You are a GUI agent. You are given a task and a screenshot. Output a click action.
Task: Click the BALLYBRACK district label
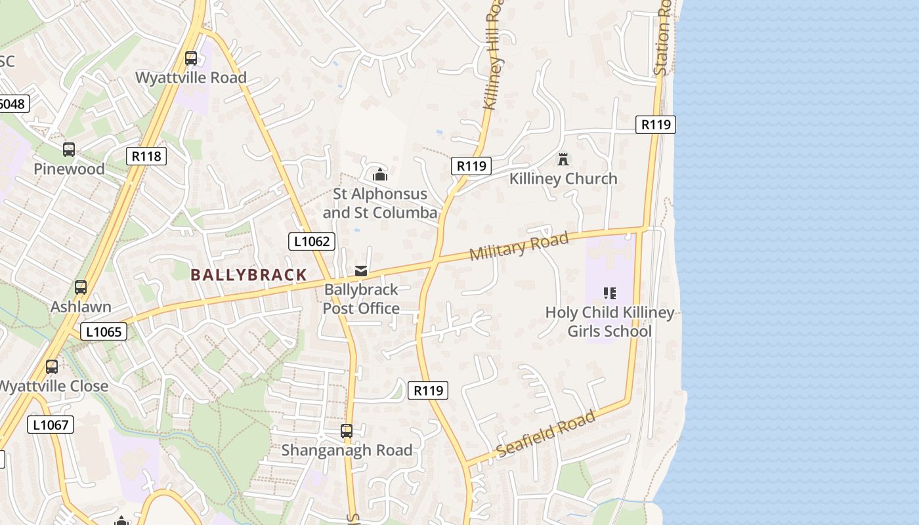pyautogui.click(x=249, y=275)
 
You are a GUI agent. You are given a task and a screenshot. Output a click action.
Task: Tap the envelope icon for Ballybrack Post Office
pyautogui.click(x=360, y=270)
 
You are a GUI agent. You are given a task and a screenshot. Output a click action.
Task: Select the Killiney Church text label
pyautogui.click(x=563, y=178)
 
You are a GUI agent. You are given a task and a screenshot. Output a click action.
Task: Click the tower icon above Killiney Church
pyautogui.click(x=563, y=159)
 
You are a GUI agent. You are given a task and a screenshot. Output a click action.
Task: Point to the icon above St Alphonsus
pyautogui.click(x=379, y=175)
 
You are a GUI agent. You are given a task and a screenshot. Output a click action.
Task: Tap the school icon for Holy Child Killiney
pyautogui.click(x=609, y=293)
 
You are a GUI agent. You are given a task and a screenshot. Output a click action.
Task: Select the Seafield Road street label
pyautogui.click(x=546, y=434)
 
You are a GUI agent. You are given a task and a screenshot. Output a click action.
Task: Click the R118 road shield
pyautogui.click(x=146, y=156)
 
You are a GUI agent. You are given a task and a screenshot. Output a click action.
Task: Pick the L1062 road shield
pyautogui.click(x=312, y=241)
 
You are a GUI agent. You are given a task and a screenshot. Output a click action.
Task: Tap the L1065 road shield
pyautogui.click(x=104, y=331)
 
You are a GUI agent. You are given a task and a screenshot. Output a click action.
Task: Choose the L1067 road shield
pyautogui.click(x=51, y=425)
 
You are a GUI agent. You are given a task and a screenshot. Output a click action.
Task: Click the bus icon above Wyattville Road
pyautogui.click(x=191, y=58)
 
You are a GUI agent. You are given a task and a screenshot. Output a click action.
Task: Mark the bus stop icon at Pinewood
pyautogui.click(x=69, y=150)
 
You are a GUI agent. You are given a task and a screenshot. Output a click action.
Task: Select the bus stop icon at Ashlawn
pyautogui.click(x=81, y=287)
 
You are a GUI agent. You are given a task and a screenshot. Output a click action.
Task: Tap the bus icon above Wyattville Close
pyautogui.click(x=52, y=367)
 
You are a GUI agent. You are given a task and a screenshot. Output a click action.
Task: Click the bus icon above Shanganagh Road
pyautogui.click(x=347, y=431)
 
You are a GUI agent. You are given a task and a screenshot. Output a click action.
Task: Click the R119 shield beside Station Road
pyautogui.click(x=655, y=124)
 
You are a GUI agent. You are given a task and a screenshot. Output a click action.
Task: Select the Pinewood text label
pyautogui.click(x=69, y=169)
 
